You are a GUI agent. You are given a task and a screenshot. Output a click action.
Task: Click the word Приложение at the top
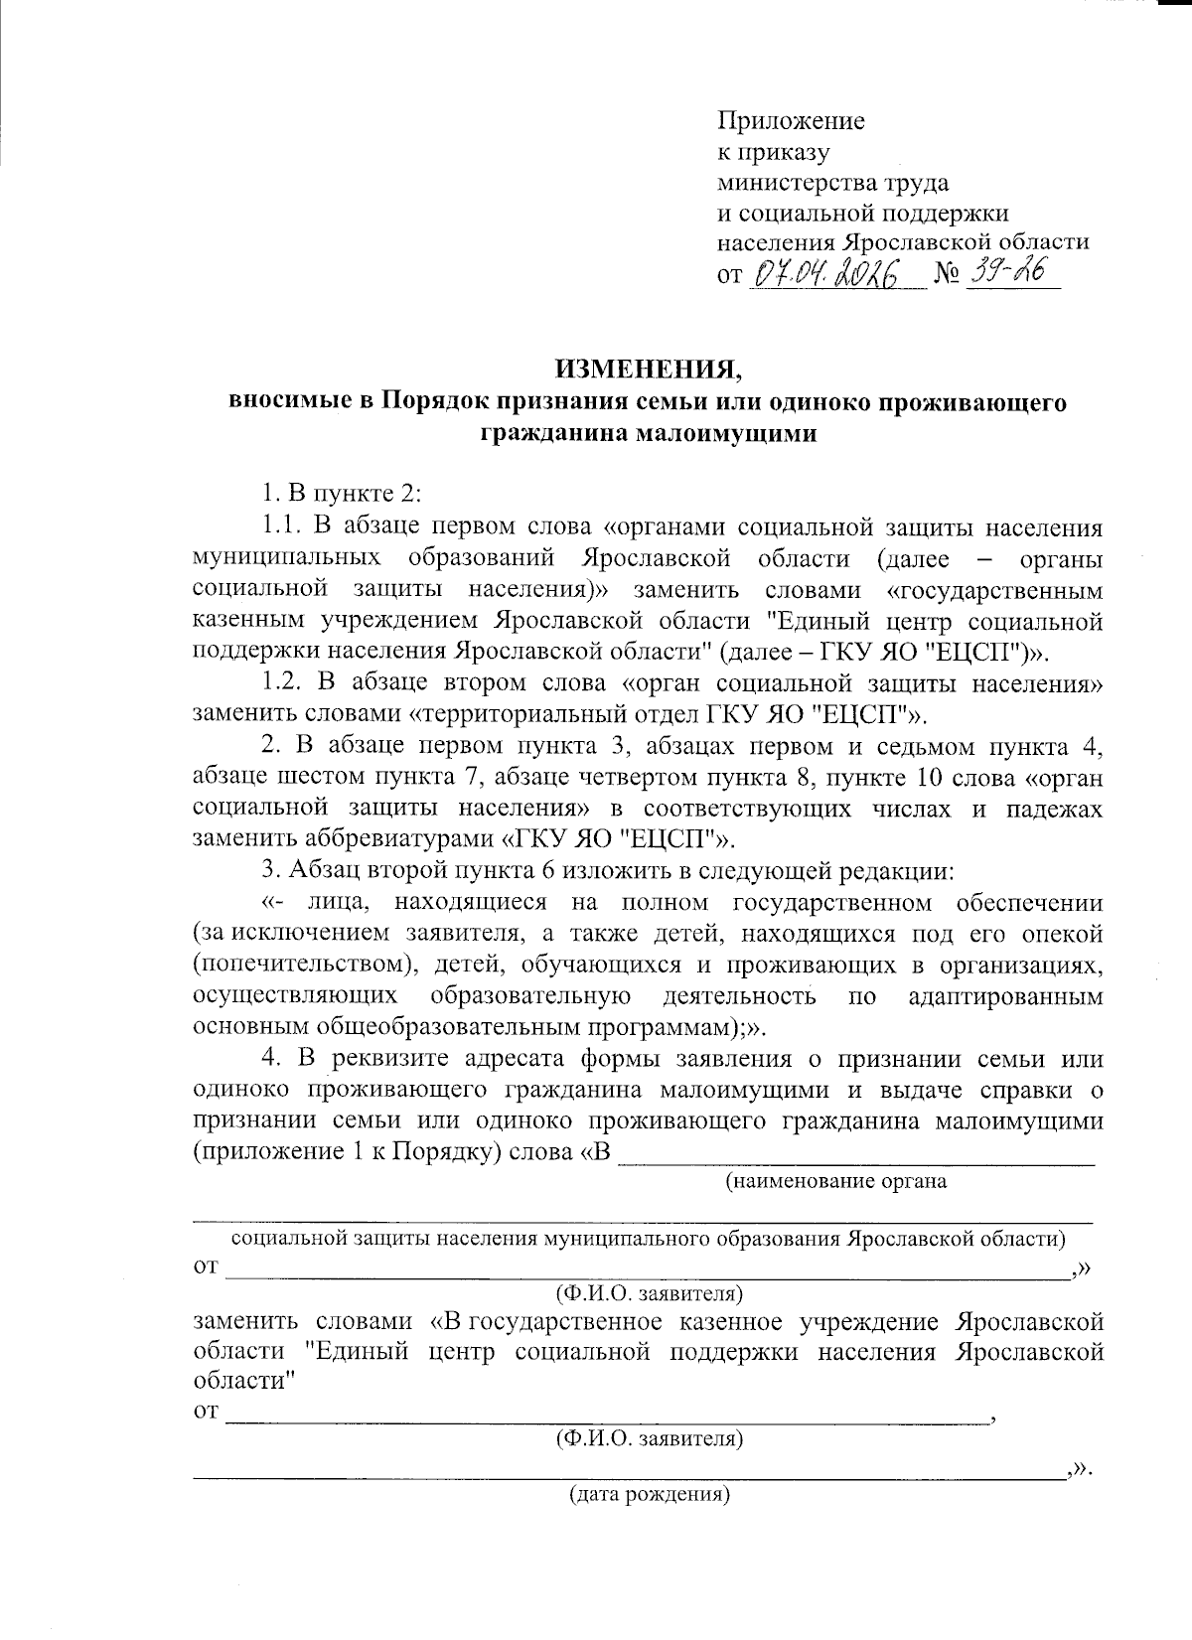[791, 122]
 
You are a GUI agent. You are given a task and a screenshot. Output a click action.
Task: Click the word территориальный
[521, 714]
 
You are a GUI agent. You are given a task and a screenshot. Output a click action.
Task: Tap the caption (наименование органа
[835, 1181]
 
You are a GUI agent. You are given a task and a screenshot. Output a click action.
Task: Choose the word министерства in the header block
[794, 183]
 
